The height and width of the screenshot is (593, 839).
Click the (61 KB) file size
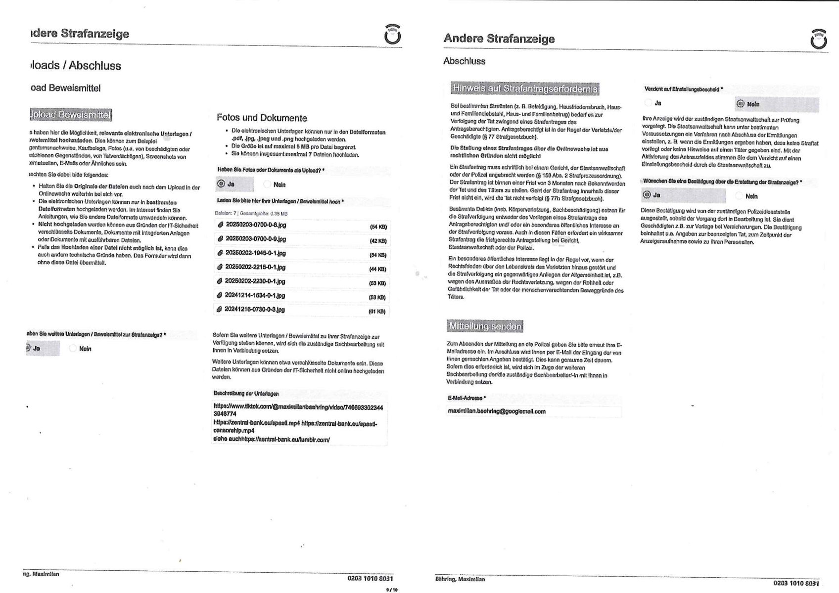coord(377,312)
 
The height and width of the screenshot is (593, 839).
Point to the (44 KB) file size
coord(378,270)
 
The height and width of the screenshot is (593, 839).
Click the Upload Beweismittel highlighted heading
coord(70,115)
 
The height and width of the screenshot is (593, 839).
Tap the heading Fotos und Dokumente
coord(262,118)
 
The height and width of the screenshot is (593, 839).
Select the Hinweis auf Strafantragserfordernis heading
coord(525,89)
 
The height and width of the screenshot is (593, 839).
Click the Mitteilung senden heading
coord(484,326)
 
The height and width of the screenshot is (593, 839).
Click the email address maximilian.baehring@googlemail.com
coord(496,411)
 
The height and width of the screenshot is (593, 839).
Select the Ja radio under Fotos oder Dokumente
coord(221,184)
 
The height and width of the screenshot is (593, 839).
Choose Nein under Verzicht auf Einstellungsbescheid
coord(741,104)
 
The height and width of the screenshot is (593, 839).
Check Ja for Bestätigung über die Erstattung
coord(647,195)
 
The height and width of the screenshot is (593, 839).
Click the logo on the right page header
coord(818,39)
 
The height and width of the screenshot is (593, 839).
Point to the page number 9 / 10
coord(392,590)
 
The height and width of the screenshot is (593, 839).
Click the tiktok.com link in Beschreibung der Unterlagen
coord(298,410)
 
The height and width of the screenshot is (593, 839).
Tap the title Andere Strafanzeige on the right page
coord(499,39)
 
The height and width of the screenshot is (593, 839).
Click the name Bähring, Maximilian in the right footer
coord(460,579)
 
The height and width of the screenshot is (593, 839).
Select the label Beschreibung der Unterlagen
coord(246,394)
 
